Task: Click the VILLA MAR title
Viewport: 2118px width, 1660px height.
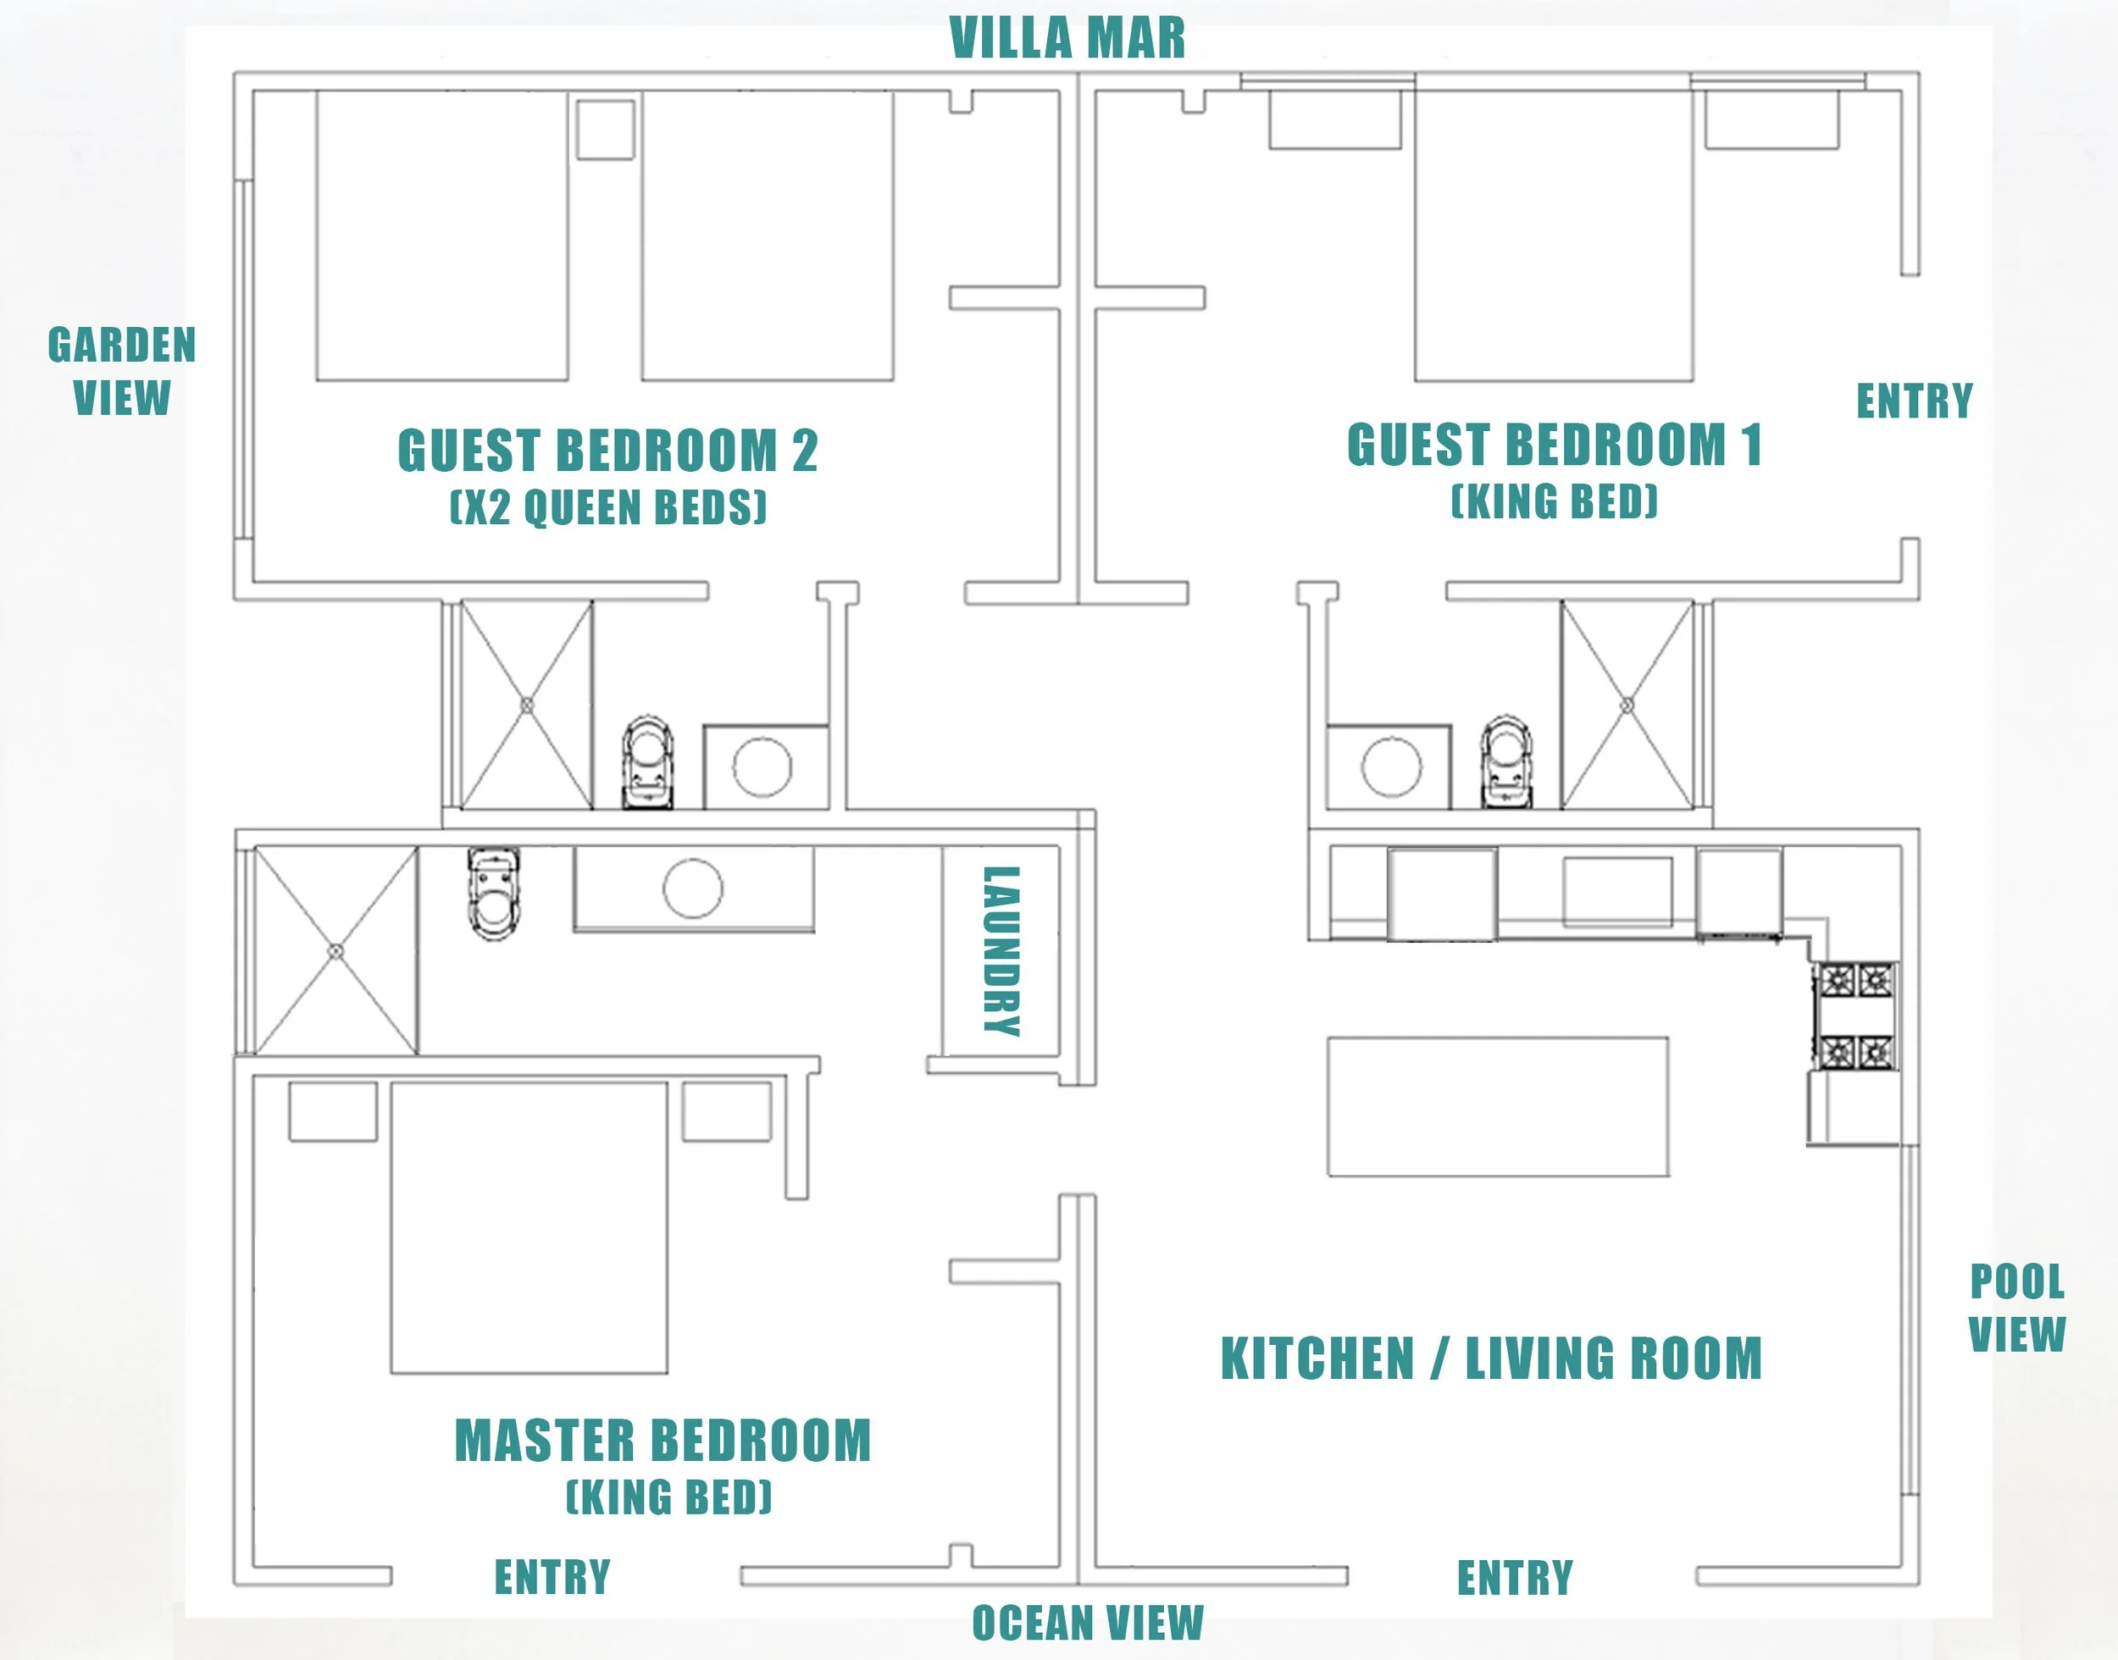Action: [1067, 39]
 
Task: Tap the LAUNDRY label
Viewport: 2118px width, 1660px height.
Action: [1001, 950]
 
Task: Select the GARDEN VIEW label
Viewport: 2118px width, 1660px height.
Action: [123, 371]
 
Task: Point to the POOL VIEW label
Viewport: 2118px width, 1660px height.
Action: [2017, 1309]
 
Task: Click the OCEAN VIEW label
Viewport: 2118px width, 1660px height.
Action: [1088, 1623]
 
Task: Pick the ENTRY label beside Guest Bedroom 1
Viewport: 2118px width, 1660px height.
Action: [1915, 401]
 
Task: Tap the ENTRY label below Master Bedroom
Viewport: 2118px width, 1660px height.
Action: [552, 1576]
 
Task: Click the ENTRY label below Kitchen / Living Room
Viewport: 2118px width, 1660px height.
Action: [1515, 1577]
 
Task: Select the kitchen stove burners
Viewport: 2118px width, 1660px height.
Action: [1856, 1015]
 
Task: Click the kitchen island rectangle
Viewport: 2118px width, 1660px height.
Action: [1498, 1107]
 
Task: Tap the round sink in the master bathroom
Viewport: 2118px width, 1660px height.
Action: [693, 888]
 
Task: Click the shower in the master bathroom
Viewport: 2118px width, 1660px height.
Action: [336, 950]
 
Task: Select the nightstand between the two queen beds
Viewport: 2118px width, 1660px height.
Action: [606, 128]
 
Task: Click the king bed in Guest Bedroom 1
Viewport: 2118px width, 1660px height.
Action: [1553, 235]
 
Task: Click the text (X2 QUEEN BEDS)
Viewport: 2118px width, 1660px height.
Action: [608, 507]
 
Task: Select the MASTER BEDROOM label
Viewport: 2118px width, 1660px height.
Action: [663, 1441]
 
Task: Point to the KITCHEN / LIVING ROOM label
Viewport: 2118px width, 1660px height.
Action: [1491, 1358]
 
